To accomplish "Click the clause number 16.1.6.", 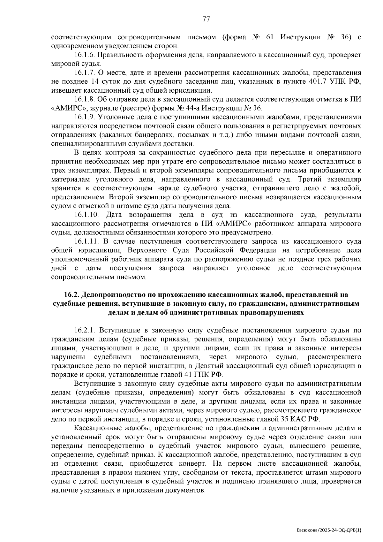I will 84,55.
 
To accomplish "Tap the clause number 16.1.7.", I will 84,73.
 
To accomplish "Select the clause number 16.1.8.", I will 84,99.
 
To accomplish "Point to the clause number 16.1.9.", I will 84,117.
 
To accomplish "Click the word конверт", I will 189,463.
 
